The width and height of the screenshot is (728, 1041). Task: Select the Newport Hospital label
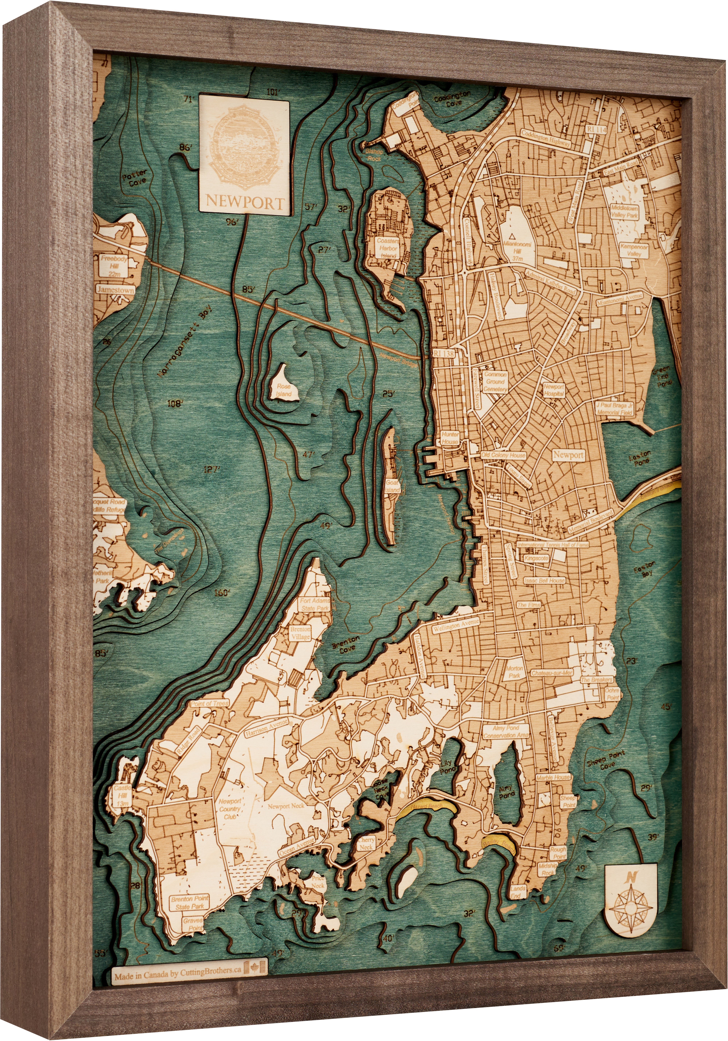(x=554, y=390)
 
